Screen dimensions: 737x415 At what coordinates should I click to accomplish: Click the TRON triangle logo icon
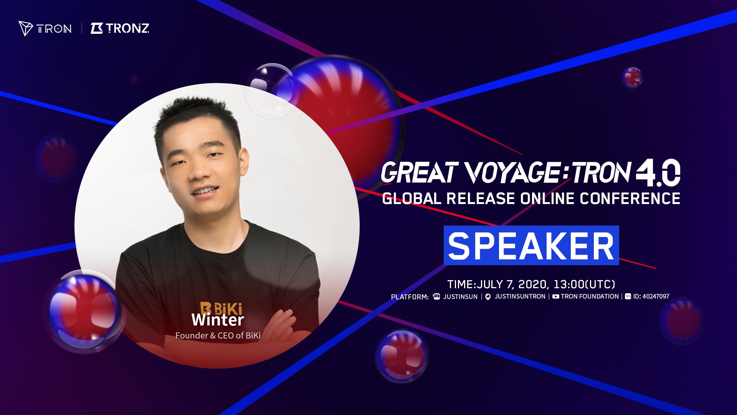coord(26,28)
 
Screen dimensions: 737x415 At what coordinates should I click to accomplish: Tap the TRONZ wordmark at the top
coord(120,28)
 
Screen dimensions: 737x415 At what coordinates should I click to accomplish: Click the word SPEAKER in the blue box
coord(531,246)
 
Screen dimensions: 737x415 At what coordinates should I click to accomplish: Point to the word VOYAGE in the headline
coord(513,173)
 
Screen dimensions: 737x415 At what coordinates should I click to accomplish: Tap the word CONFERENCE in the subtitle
coord(630,199)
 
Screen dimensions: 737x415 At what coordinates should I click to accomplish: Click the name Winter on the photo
coord(218,320)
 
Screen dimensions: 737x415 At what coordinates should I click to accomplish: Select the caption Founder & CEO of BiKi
coord(218,335)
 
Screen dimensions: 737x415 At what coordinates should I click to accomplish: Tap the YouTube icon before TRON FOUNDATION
coord(555,297)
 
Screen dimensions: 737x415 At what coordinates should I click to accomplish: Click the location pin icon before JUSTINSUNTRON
coord(488,297)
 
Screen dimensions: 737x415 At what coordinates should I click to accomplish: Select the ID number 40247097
coord(656,297)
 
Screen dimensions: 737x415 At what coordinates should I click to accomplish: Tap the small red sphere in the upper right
coord(632,77)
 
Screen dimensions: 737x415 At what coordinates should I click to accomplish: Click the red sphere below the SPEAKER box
coord(402,355)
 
